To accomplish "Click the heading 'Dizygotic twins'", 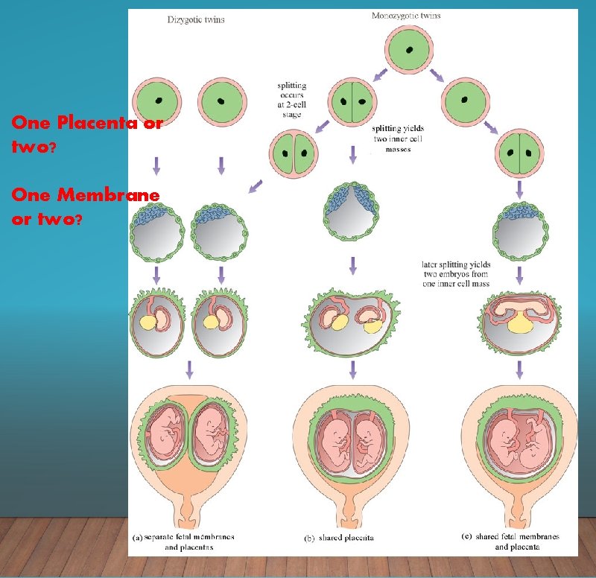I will (195, 20).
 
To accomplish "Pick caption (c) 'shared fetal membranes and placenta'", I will (513, 542).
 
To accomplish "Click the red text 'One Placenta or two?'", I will (86, 134).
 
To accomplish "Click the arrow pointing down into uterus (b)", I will (352, 369).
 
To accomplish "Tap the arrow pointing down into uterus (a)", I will (189, 369).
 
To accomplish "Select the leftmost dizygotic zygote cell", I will (157, 102).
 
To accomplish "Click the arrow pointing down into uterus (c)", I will (519, 369).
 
